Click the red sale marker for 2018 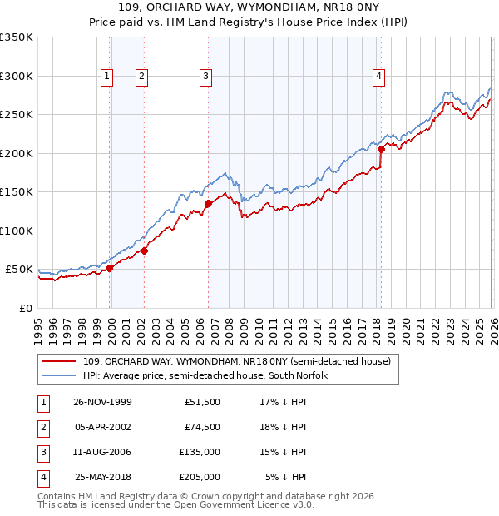[x=381, y=150]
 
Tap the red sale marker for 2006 [x=208, y=202]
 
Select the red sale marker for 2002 [x=144, y=250]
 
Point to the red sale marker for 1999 [x=110, y=268]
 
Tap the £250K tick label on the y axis [x=17, y=115]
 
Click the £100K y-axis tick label [x=17, y=231]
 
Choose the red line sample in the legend [x=59, y=361]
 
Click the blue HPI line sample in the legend [x=59, y=375]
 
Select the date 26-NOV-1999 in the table [x=102, y=402]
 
